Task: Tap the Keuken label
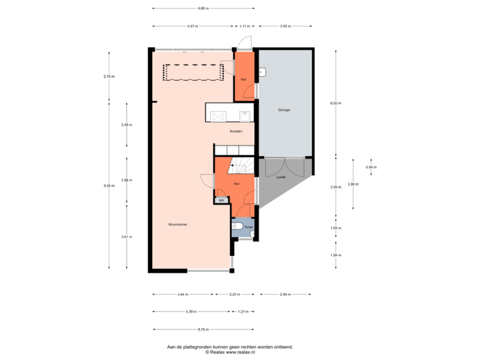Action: tap(236, 131)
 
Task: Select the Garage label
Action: tap(284, 109)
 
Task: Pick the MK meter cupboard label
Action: tap(221, 199)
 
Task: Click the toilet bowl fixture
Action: tap(239, 228)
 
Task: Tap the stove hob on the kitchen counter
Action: tap(218, 116)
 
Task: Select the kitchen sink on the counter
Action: tap(245, 116)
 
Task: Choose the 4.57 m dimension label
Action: tap(193, 26)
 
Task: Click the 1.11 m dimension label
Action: tap(245, 26)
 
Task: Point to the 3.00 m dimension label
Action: tap(285, 26)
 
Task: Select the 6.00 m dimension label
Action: tap(335, 103)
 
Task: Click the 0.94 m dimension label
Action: tap(369, 167)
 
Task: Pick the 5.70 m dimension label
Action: tap(203, 329)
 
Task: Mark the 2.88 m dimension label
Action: tap(285, 294)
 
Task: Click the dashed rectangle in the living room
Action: tap(193, 71)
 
